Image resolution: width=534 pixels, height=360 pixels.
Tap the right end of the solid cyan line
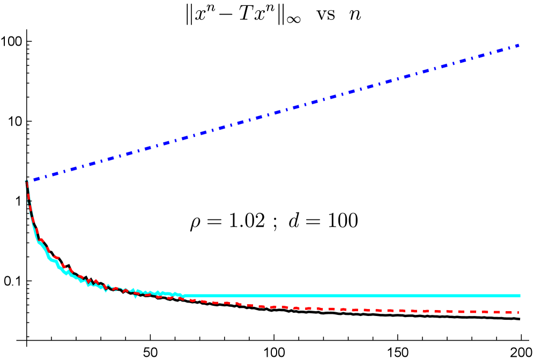tap(520, 296)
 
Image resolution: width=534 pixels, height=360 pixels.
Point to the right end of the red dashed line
tap(518, 312)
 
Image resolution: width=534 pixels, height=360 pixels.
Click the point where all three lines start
tap(26, 182)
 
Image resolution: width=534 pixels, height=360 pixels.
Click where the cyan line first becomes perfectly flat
tap(183, 296)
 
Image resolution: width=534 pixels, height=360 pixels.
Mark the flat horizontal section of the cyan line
tap(348, 296)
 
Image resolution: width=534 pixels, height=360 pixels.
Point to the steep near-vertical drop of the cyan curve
tap(29, 209)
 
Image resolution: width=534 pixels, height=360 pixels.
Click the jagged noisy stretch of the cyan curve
tap(134, 291)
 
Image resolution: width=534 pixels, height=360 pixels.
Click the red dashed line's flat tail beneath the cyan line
tap(429, 311)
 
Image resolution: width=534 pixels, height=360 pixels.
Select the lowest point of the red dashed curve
tap(499, 312)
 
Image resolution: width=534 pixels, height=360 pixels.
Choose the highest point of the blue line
tap(518, 46)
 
